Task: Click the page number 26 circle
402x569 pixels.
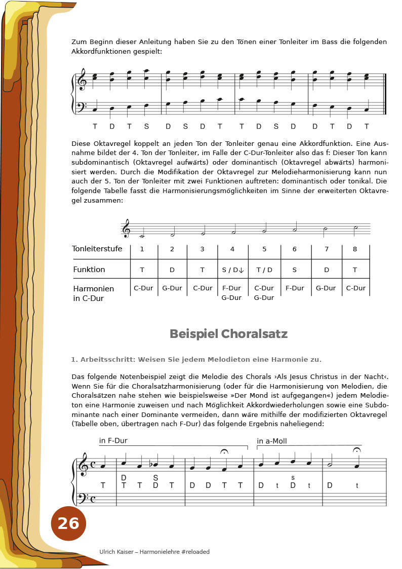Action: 68,523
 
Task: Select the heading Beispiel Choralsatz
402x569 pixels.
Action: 228,334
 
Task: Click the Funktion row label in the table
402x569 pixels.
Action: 89,270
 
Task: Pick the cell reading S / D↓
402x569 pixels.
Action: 233,270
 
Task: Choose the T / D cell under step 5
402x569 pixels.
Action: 264,270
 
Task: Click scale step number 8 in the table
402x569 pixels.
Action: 355,249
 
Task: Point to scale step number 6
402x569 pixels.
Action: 294,249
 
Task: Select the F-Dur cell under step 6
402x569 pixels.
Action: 295,288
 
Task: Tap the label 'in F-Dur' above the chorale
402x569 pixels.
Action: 113,441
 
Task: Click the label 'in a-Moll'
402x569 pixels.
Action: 272,441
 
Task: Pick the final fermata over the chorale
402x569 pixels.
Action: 356,450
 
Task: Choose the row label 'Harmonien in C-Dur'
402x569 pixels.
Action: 94,293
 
